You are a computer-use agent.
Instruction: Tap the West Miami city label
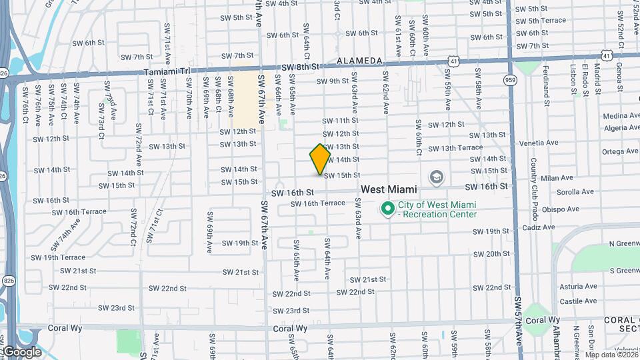click(389, 190)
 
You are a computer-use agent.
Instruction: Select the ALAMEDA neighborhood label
click(359, 61)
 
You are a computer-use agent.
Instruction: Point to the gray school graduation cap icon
click(436, 177)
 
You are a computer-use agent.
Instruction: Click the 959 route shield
click(511, 80)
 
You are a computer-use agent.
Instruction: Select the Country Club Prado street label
click(534, 183)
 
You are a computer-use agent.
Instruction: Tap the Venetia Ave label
click(539, 143)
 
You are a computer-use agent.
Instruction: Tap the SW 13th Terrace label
click(455, 148)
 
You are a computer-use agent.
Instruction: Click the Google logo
click(23, 351)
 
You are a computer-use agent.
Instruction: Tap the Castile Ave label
click(578, 301)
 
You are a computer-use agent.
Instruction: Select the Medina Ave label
click(620, 116)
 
